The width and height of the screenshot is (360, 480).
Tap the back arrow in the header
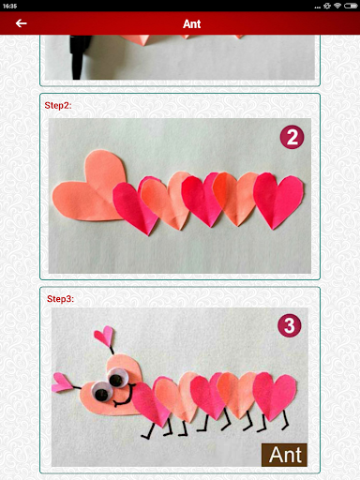pyautogui.click(x=21, y=23)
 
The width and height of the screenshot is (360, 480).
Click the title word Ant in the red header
pyautogui.click(x=191, y=23)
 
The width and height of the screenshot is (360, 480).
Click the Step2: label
pyautogui.click(x=58, y=105)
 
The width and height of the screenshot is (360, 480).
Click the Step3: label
pyautogui.click(x=60, y=299)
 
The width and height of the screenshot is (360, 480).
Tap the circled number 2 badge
pyautogui.click(x=292, y=137)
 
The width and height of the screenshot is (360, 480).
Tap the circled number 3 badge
pyautogui.click(x=290, y=325)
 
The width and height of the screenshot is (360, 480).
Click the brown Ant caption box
pyautogui.click(x=284, y=455)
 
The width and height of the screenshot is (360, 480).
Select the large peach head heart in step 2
pyautogui.click(x=89, y=187)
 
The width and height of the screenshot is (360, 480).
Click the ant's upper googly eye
pyautogui.click(x=117, y=378)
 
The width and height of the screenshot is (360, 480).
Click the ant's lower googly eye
pyautogui.click(x=101, y=392)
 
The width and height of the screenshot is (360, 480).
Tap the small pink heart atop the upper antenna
pyautogui.click(x=104, y=336)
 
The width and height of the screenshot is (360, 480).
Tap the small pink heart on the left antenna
pyautogui.click(x=63, y=382)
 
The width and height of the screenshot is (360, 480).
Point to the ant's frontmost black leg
pyautogui.click(x=147, y=431)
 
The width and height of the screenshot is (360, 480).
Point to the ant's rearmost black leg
pyautogui.click(x=285, y=420)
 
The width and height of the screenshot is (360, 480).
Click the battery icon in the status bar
pyautogui.click(x=351, y=6)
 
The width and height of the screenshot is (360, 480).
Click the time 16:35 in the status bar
pyautogui.click(x=9, y=6)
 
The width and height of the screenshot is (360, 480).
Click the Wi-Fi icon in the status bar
pyautogui.click(x=337, y=6)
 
